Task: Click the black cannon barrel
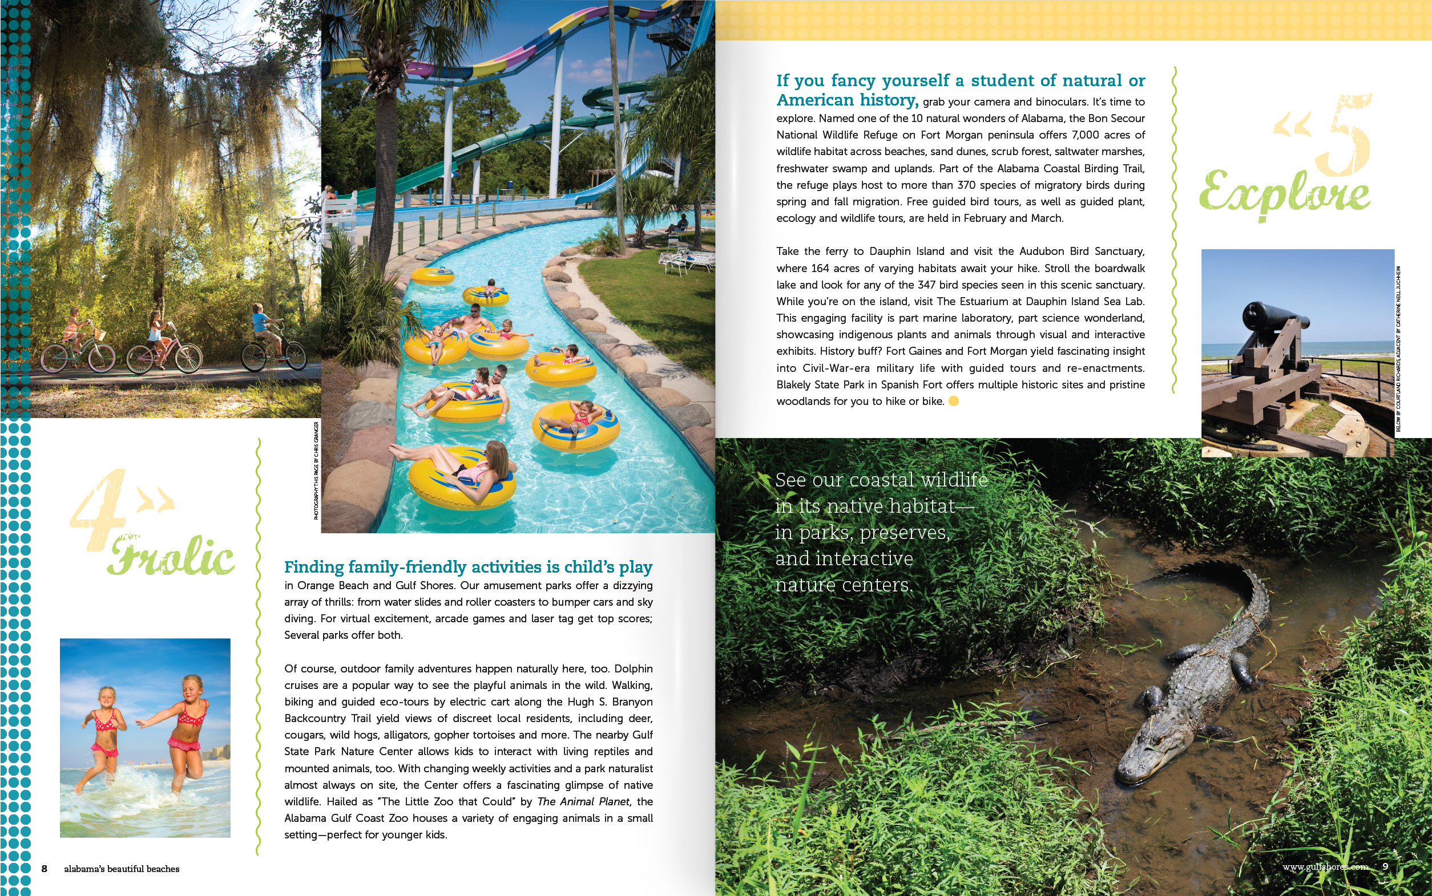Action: coord(1275,317)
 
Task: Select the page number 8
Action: coord(44,869)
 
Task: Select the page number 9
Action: coord(1385,866)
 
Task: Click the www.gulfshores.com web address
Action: coord(1325,866)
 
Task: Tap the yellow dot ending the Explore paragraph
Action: coord(954,401)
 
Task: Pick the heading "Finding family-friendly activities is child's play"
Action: coord(468,567)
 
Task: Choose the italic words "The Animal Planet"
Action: coord(583,802)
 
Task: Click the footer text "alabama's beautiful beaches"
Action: coord(122,869)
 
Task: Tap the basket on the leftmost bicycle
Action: coord(100,335)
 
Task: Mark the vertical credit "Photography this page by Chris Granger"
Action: coord(317,471)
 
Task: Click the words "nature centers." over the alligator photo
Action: coord(844,586)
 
